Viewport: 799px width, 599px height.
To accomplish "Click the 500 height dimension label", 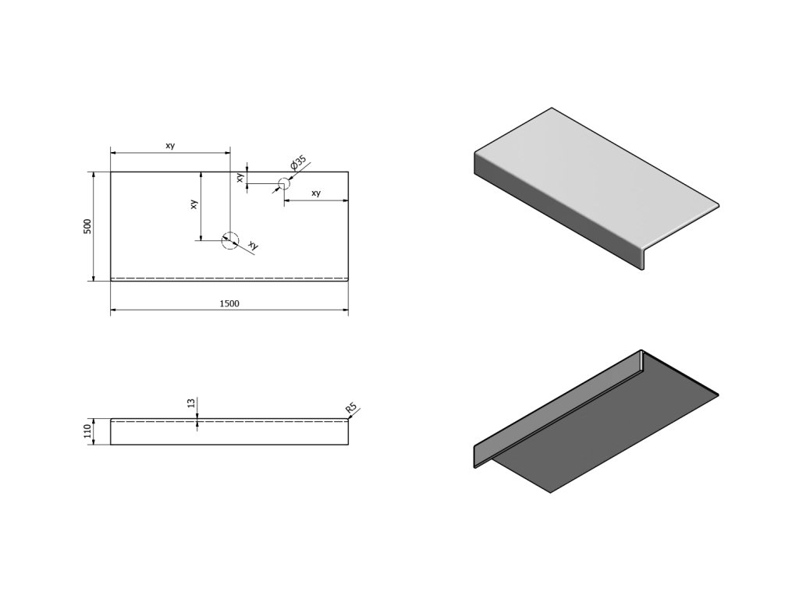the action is [x=88, y=226].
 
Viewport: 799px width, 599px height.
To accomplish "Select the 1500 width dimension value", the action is [x=229, y=303].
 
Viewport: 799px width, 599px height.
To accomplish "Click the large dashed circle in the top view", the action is [x=229, y=240].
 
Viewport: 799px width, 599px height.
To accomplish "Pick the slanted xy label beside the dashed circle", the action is [x=252, y=246].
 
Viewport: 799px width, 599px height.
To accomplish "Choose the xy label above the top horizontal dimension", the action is [x=169, y=146].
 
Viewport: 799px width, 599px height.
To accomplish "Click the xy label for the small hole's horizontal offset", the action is [x=316, y=193].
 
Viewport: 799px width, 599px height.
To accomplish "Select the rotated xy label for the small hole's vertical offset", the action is [x=241, y=177].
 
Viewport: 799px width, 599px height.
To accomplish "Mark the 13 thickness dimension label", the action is [x=191, y=403].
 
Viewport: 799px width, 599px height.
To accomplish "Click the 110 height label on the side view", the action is [x=88, y=431].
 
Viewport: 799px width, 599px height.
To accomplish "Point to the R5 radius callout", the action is [x=352, y=408].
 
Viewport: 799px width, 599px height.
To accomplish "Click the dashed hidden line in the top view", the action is [x=229, y=277].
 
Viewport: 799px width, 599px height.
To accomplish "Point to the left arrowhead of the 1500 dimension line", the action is [x=113, y=310].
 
